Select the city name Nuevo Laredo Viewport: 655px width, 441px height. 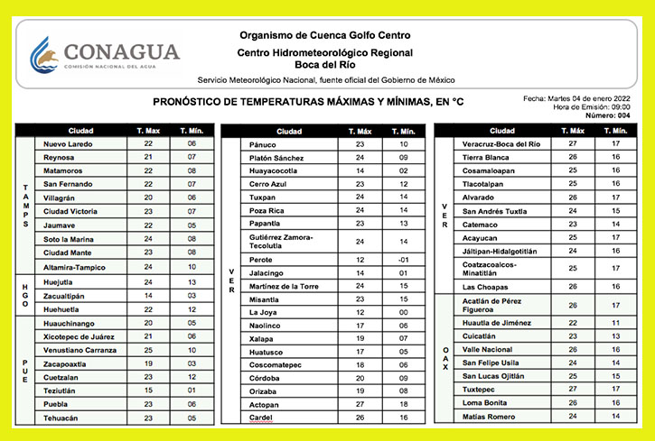coord(68,144)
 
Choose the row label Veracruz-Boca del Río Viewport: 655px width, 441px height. coord(501,144)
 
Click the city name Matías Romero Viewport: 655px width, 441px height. coord(489,417)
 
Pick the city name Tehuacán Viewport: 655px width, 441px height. coord(61,418)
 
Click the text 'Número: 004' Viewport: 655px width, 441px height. coord(606,115)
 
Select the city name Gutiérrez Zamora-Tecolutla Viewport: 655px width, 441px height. coord(280,242)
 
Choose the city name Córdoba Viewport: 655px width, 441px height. coord(264,379)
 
